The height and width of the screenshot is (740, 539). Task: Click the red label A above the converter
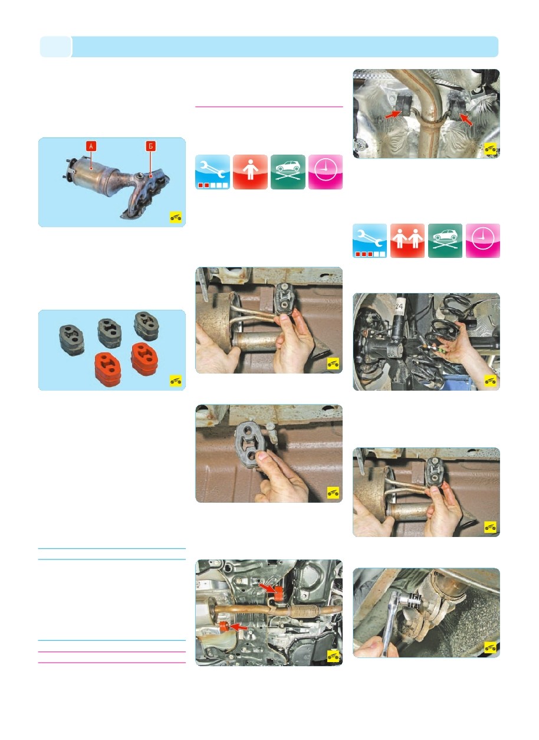pos(91,146)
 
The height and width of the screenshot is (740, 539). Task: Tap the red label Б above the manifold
pos(150,146)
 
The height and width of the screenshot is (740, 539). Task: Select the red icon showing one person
pos(250,172)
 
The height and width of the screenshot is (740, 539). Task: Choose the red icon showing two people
pos(407,241)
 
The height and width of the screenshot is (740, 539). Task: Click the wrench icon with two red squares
pos(212,172)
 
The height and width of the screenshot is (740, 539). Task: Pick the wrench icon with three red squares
pos(370,241)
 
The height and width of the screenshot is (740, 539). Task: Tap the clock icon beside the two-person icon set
pos(483,241)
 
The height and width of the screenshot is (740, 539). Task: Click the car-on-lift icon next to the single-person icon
pos(288,172)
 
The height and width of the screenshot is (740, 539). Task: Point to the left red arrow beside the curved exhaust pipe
pos(393,114)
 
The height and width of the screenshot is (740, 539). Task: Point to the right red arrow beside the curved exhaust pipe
pos(466,119)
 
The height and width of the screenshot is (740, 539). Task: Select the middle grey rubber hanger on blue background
pos(110,333)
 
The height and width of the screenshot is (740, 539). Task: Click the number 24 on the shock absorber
pos(399,306)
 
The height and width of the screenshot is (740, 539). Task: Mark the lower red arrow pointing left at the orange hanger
pos(238,626)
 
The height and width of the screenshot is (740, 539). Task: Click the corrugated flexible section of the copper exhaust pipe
pos(303,611)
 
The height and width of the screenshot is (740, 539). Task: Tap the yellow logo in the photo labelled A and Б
pos(176,217)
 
